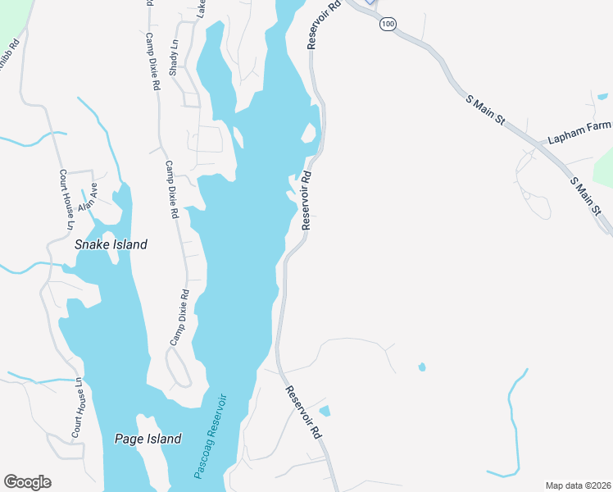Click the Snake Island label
pyautogui.click(x=111, y=244)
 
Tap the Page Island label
pyautogui.click(x=147, y=440)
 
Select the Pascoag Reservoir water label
pyautogui.click(x=210, y=437)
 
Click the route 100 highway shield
pyautogui.click(x=388, y=25)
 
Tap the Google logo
pyautogui.click(x=27, y=482)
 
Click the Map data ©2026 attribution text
pyautogui.click(x=578, y=485)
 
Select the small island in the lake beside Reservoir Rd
pyautogui.click(x=310, y=132)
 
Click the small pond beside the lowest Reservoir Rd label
pyautogui.click(x=325, y=411)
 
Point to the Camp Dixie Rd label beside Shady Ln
pyautogui.click(x=152, y=61)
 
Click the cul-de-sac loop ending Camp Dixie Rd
pyautogui.click(x=179, y=368)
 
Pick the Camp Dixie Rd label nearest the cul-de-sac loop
pyautogui.click(x=179, y=317)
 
